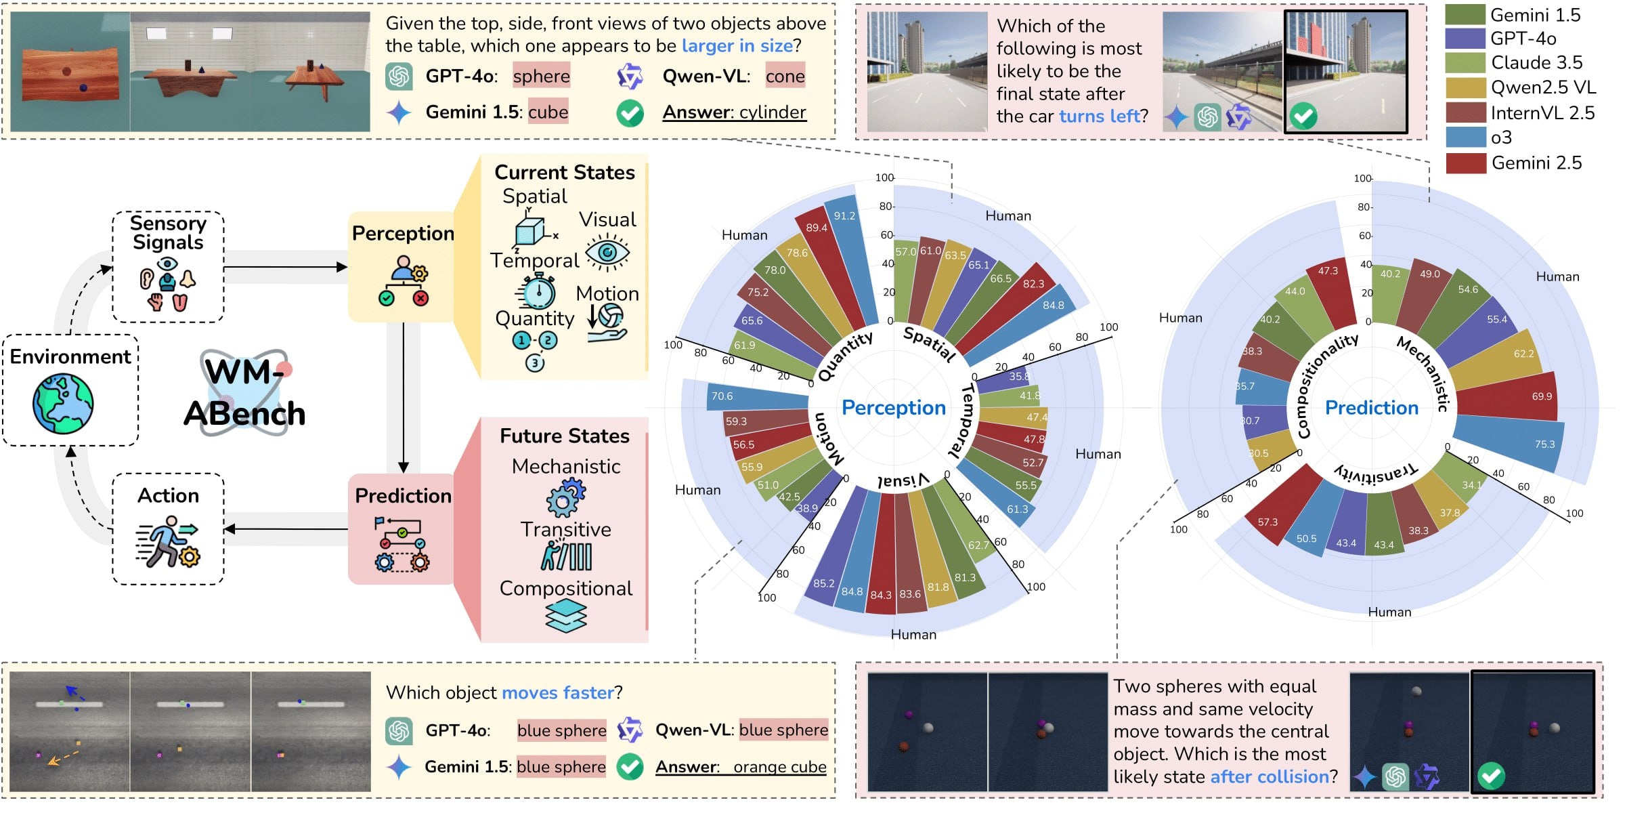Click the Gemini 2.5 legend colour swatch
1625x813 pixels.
[1465, 163]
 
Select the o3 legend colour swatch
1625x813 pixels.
[1465, 138]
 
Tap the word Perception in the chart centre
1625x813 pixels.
[893, 408]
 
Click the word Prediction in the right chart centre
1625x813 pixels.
[1371, 408]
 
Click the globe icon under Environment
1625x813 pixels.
[64, 404]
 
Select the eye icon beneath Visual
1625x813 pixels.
[607, 253]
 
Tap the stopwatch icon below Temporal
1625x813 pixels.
[537, 292]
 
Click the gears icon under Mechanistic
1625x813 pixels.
[565, 498]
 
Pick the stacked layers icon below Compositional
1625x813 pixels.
[566, 617]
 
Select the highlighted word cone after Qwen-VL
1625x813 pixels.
[785, 77]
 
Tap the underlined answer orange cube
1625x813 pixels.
[779, 767]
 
